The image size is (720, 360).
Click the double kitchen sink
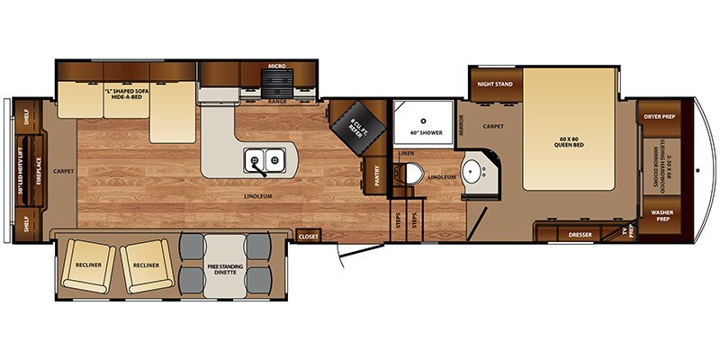(265, 161)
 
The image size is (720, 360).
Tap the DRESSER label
(580, 235)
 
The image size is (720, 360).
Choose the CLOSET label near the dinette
(309, 235)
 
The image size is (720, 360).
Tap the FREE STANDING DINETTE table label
(226, 268)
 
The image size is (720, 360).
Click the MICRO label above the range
(277, 66)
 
